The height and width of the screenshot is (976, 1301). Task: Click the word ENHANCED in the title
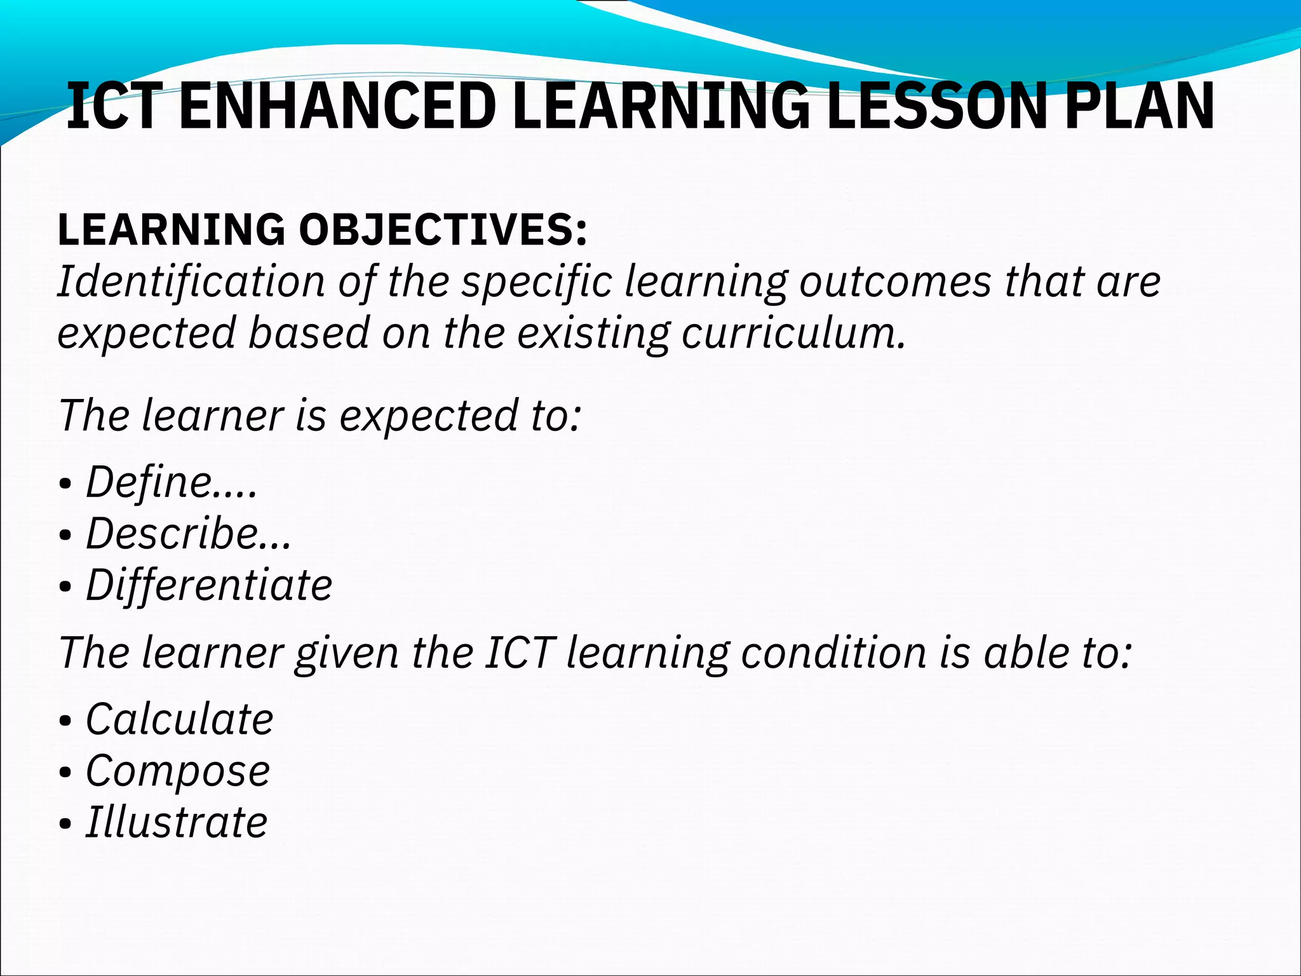point(337,107)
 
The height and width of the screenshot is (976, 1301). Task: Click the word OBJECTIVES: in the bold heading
point(443,230)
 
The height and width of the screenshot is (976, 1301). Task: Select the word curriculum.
point(793,333)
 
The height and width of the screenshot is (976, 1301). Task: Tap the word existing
point(593,334)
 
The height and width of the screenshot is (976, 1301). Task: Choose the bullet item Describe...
point(189,533)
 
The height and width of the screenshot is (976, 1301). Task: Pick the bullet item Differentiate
point(209,585)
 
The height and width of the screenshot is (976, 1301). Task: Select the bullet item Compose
point(178,771)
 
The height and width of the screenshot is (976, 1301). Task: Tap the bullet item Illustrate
point(177,822)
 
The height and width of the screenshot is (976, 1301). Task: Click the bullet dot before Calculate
point(64,722)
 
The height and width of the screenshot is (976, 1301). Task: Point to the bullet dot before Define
point(64,484)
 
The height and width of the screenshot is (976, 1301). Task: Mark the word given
point(347,654)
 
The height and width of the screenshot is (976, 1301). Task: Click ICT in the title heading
point(112,107)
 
